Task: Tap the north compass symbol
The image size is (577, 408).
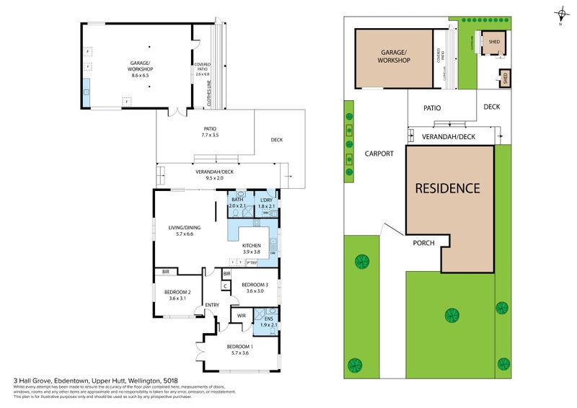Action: (x=561, y=13)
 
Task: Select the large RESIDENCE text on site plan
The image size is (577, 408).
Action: (x=447, y=188)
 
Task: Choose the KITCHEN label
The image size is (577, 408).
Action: (x=251, y=246)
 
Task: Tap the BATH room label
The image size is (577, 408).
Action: (x=237, y=199)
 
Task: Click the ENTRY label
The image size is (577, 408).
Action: (x=212, y=305)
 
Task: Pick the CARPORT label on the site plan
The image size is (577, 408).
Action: (x=379, y=154)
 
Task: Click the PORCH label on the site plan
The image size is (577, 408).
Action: (x=423, y=242)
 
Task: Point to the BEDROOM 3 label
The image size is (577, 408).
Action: (x=255, y=284)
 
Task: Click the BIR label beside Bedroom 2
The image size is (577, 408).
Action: (x=166, y=272)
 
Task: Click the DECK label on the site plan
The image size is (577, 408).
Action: (x=492, y=107)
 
